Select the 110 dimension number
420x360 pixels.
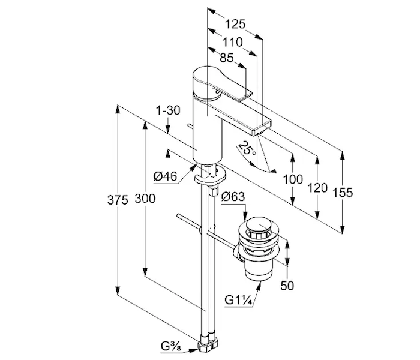(x=232, y=43)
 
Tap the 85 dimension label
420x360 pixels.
(x=227, y=59)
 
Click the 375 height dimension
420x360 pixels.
(x=118, y=200)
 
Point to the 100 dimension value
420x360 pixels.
(x=293, y=179)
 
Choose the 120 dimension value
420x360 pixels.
(x=317, y=187)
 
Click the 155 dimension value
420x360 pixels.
(x=343, y=193)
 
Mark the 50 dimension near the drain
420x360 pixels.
(x=287, y=286)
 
